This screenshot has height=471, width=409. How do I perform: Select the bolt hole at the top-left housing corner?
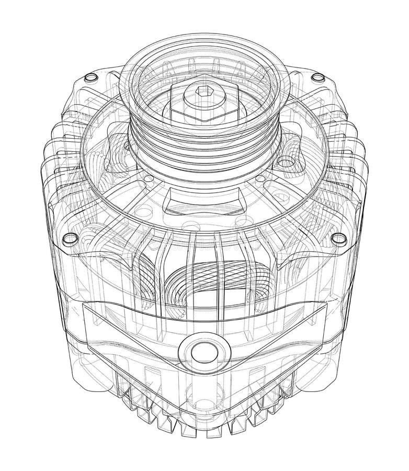[89, 77]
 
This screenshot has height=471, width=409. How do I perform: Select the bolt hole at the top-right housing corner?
[316, 78]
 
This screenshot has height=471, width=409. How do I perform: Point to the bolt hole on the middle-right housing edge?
[338, 238]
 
